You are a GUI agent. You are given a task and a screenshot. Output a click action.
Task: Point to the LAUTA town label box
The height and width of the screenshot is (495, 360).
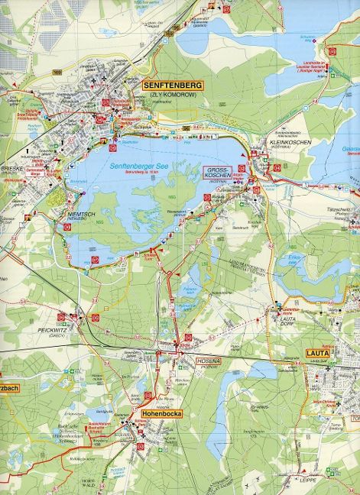click(316, 352)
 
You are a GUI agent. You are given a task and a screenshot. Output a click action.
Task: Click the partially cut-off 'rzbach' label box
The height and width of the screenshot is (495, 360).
click(9, 387)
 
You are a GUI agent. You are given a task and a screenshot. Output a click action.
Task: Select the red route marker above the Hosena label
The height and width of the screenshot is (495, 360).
click(188, 337)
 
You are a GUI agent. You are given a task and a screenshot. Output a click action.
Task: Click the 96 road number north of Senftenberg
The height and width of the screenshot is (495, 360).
click(177, 27)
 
